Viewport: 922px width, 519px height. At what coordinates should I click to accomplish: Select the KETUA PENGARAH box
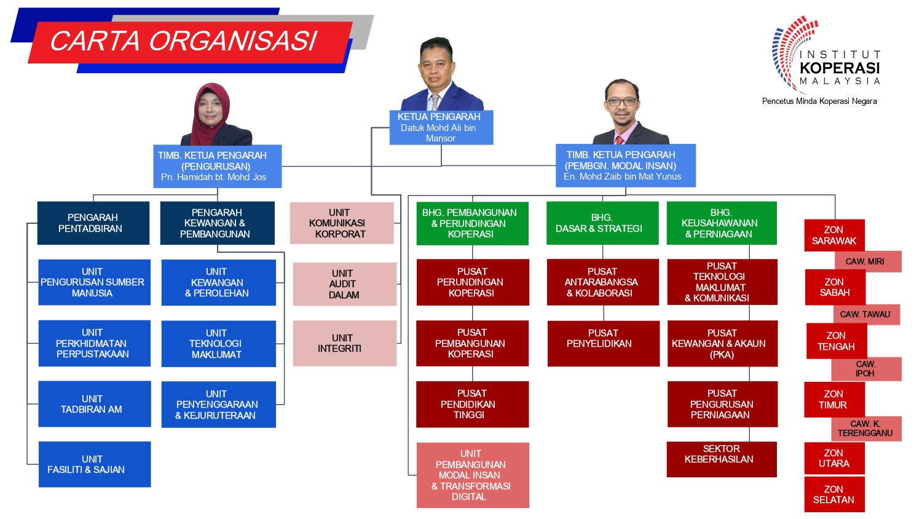tap(441, 127)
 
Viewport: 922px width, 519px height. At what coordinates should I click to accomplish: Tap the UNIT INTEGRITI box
tap(344, 343)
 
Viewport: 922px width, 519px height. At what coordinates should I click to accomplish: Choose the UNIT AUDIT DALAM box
tap(344, 284)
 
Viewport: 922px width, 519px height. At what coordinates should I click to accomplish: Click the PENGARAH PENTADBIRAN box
tap(93, 223)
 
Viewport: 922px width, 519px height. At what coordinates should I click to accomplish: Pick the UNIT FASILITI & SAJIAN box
tap(95, 464)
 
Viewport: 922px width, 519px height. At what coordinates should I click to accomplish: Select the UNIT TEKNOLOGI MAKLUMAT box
tap(219, 344)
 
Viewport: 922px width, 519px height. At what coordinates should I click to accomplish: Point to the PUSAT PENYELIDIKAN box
tap(604, 343)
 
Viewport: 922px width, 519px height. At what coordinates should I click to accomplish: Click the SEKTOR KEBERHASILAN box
tap(722, 459)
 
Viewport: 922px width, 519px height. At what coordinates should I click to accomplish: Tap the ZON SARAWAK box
tap(834, 235)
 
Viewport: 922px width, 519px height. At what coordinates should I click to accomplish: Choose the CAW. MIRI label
tap(865, 261)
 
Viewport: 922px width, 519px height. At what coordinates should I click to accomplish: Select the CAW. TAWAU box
tap(867, 315)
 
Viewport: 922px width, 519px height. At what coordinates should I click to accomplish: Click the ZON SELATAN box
tap(834, 494)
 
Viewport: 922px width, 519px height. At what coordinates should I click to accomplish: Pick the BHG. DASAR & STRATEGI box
tap(602, 223)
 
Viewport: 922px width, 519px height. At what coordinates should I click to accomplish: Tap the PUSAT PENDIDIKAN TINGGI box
tap(473, 404)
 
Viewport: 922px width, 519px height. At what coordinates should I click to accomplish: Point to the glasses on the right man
tap(622, 101)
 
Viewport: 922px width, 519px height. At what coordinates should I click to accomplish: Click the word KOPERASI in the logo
tap(840, 68)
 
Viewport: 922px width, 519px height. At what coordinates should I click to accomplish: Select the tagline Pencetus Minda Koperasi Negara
tap(819, 101)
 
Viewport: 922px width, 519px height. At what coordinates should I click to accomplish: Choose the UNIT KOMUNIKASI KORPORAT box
tap(342, 223)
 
